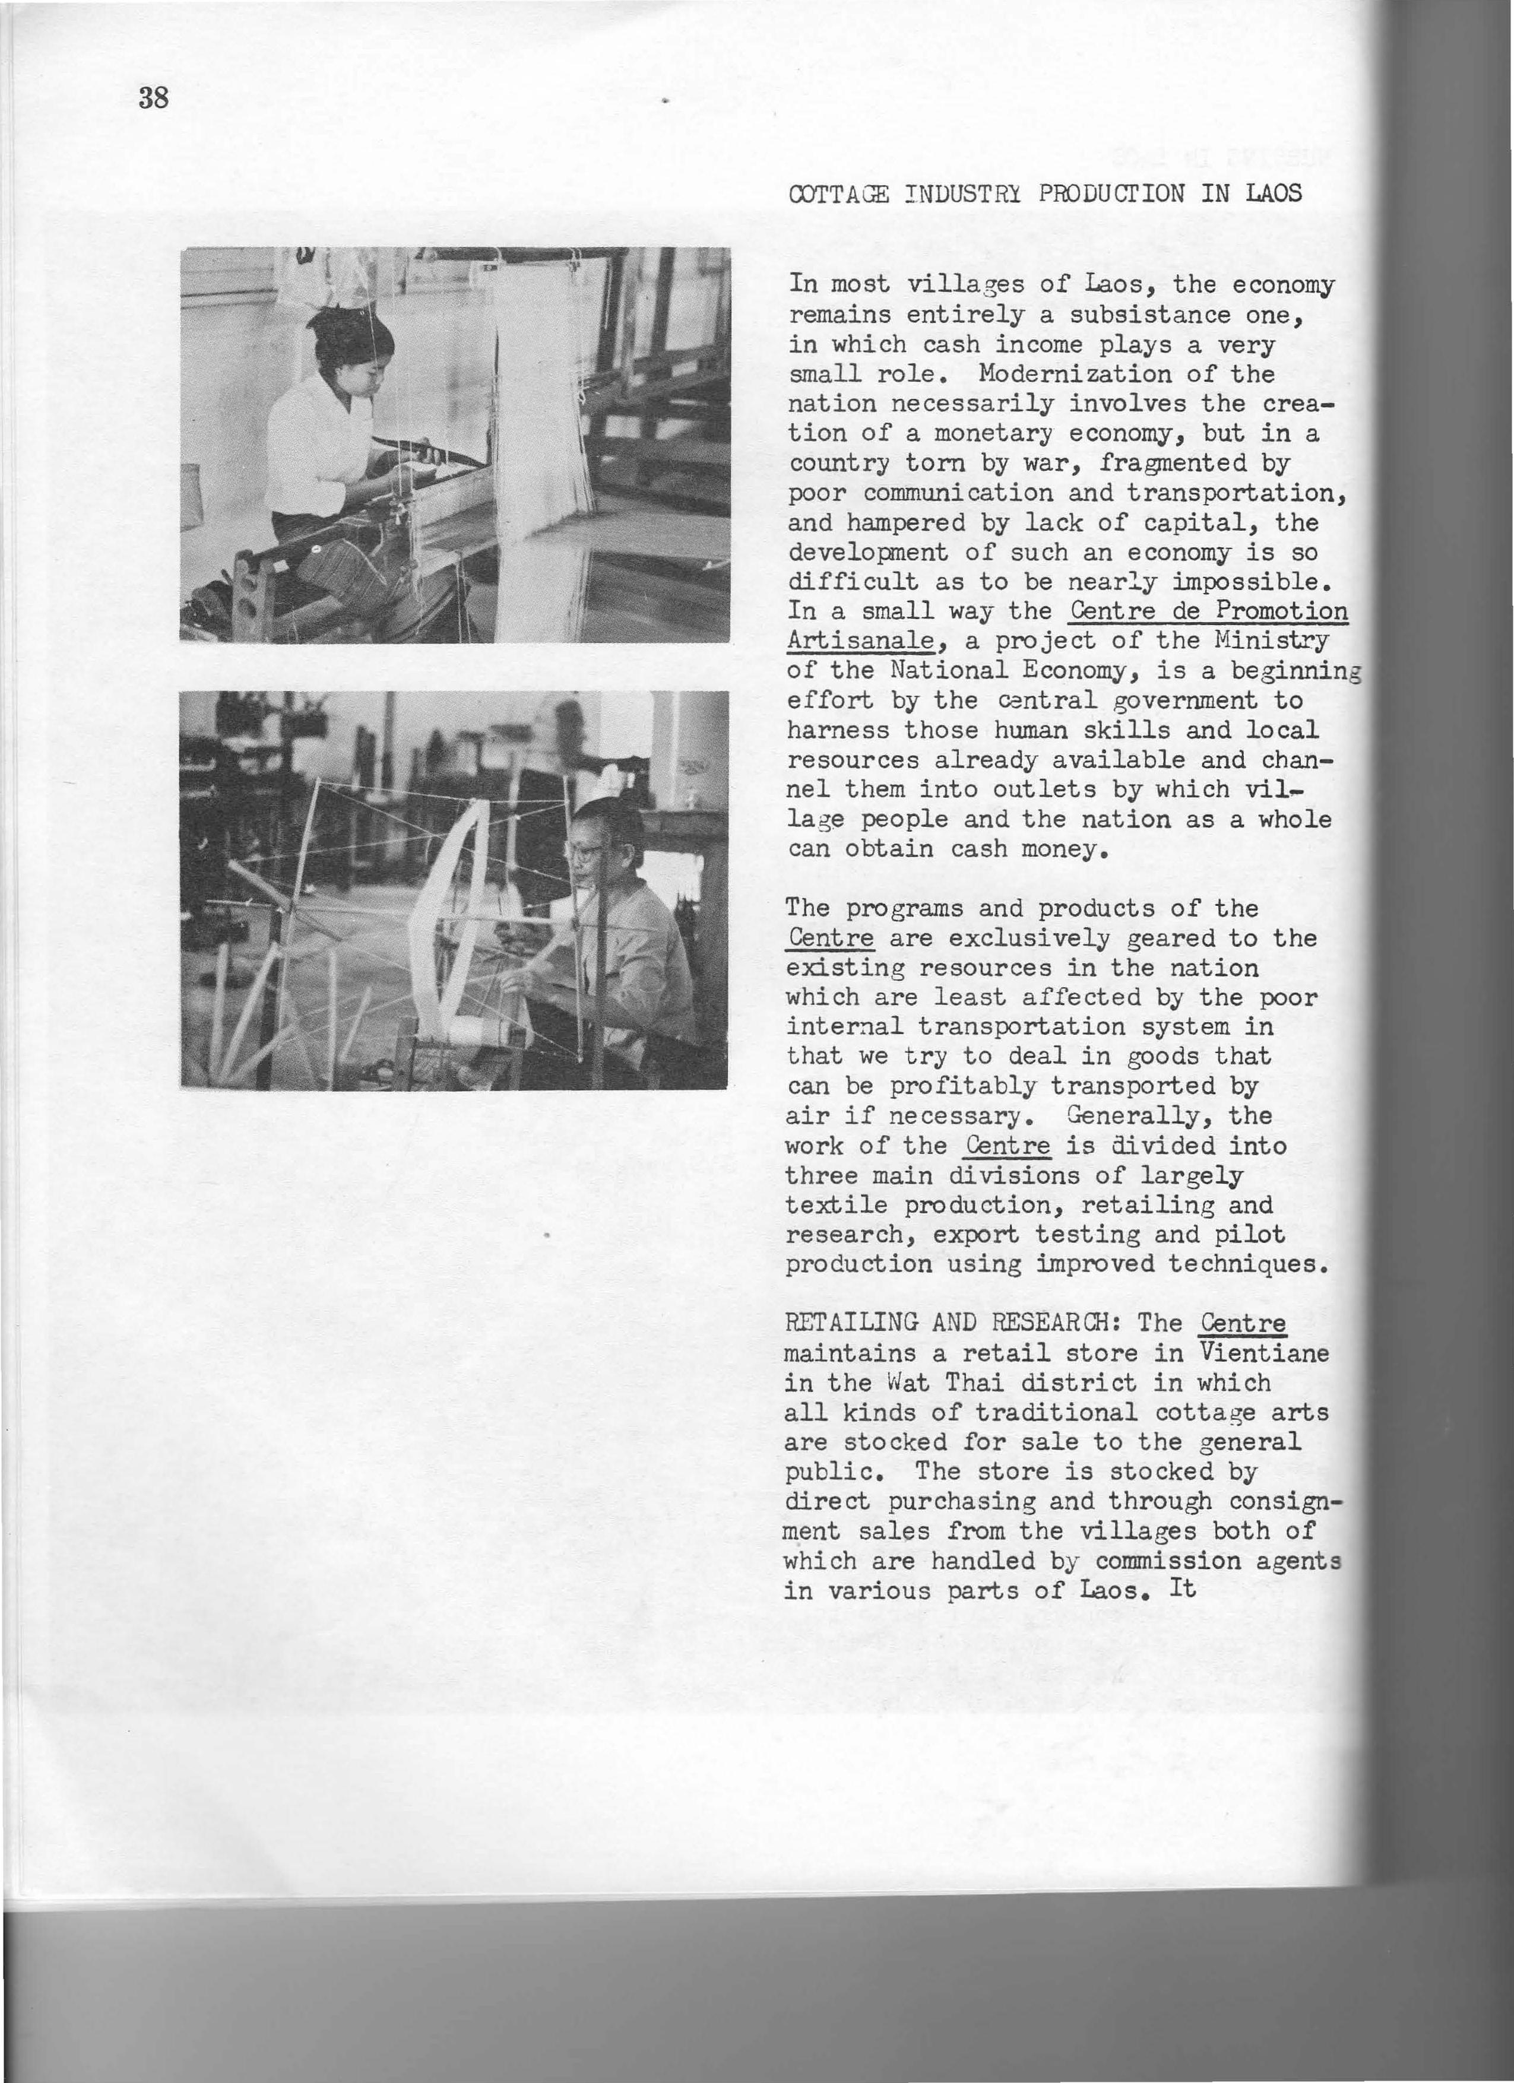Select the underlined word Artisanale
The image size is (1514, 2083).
click(861, 640)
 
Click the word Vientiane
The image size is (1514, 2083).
click(1263, 1353)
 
